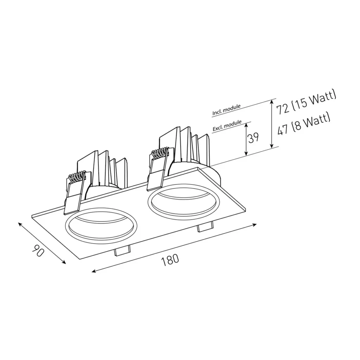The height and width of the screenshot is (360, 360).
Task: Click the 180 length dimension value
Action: click(x=170, y=259)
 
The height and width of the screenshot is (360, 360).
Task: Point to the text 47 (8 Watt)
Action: click(x=304, y=124)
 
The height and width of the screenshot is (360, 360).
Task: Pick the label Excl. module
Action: click(x=227, y=127)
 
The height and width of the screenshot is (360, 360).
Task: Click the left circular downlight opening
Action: click(x=102, y=226)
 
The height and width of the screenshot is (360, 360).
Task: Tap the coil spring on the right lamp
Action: click(x=160, y=152)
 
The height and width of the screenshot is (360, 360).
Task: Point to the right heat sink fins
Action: click(x=186, y=144)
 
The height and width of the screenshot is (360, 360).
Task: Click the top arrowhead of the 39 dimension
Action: click(x=246, y=124)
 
